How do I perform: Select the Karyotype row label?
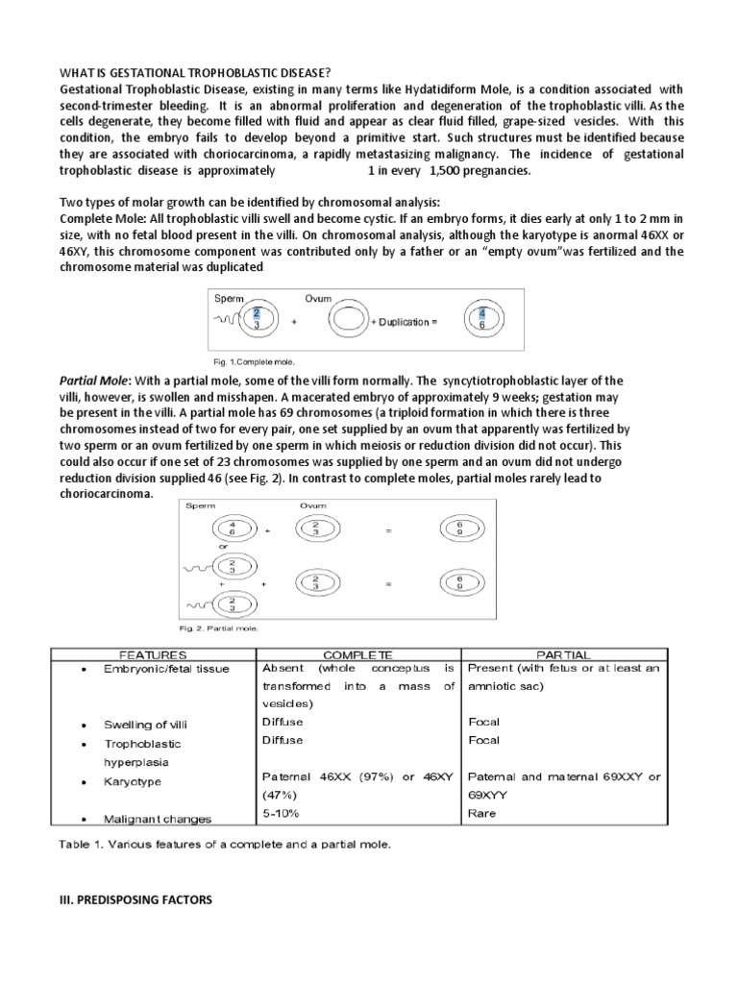[131, 782]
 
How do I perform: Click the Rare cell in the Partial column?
[481, 814]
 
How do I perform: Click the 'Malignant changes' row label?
[159, 820]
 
